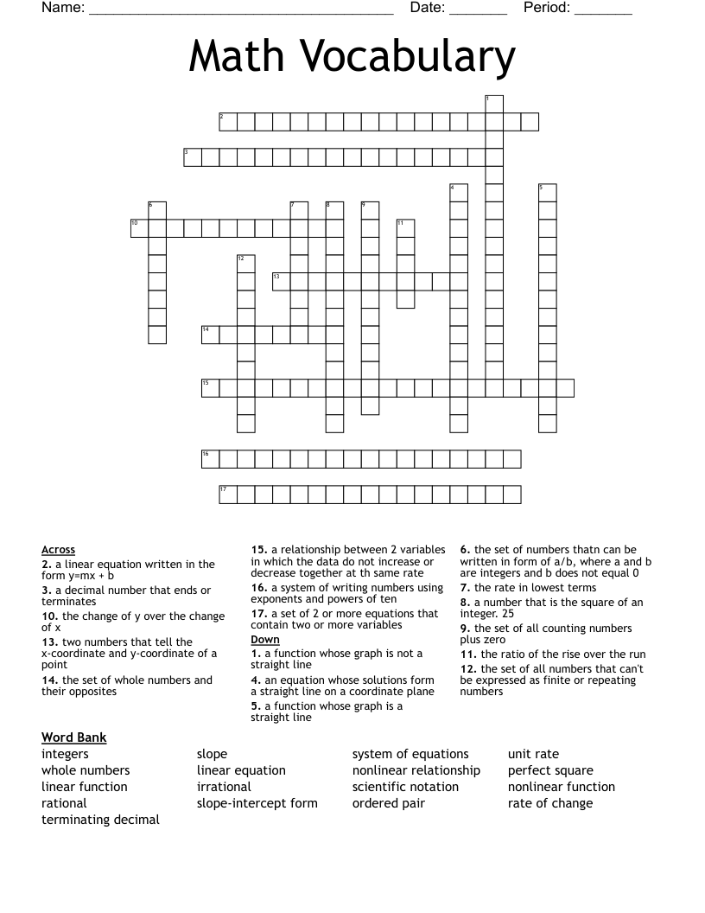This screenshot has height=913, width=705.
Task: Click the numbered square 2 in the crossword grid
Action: point(228,122)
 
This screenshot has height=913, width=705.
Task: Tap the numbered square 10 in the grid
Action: point(139,228)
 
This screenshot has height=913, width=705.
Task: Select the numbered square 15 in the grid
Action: point(210,387)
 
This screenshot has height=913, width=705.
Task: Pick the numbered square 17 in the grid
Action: point(228,494)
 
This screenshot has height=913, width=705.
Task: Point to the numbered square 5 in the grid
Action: point(547,193)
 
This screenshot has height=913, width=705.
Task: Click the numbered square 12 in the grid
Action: point(245,264)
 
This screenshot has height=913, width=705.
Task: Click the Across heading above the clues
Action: point(58,550)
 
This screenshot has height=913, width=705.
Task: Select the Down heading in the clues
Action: point(265,640)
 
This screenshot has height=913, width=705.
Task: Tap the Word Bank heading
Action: point(73,737)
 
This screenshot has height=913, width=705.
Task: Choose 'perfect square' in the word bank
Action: point(550,770)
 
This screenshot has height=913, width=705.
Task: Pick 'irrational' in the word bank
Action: point(224,787)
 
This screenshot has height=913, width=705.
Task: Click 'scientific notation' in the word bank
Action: point(405,787)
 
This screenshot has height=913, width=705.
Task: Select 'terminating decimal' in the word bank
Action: point(100,820)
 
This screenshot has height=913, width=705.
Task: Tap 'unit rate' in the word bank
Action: point(533,754)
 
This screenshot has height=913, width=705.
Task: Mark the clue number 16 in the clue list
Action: point(258,588)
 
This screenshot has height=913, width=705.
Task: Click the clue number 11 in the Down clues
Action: point(467,654)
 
